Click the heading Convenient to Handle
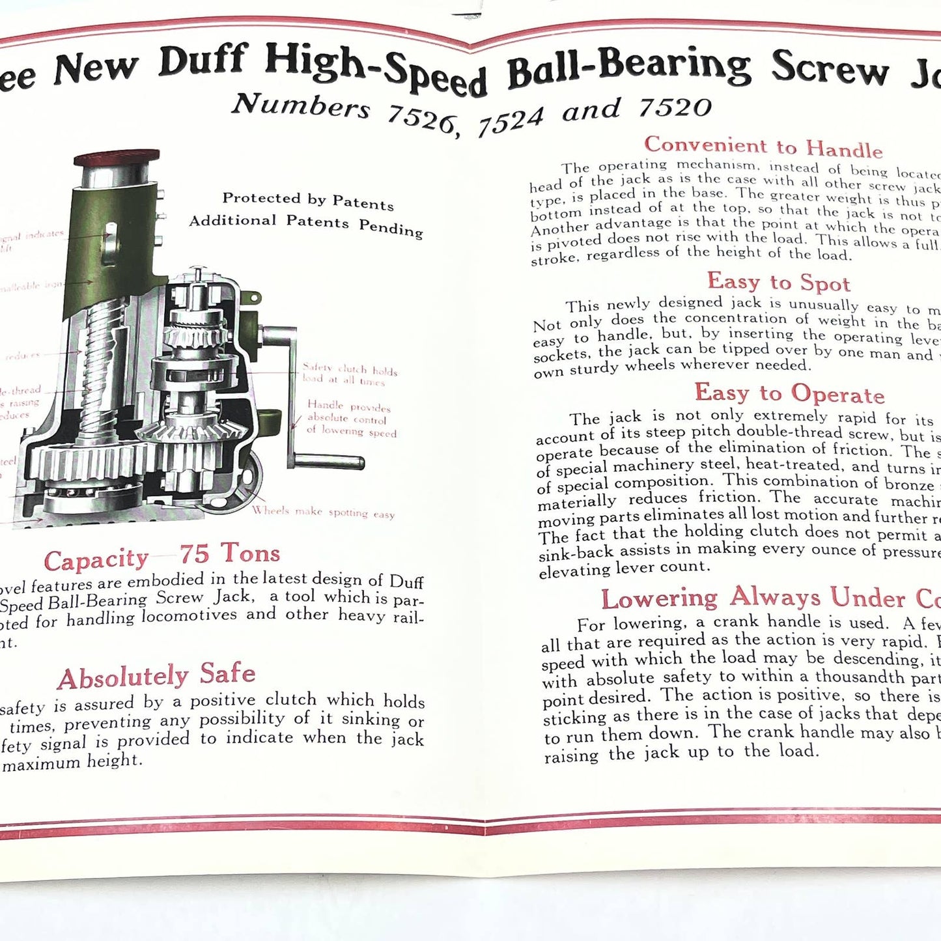coord(763,147)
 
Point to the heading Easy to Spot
coord(778,282)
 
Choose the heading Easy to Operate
coord(789,393)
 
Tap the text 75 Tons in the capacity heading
coord(230,554)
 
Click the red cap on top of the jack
coord(117,158)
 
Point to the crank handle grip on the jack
coord(329,462)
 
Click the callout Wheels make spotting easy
coord(323,513)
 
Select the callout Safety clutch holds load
coord(350,374)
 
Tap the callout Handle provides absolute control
coord(350,418)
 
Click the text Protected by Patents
coord(307,201)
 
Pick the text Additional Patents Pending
coord(305,224)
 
